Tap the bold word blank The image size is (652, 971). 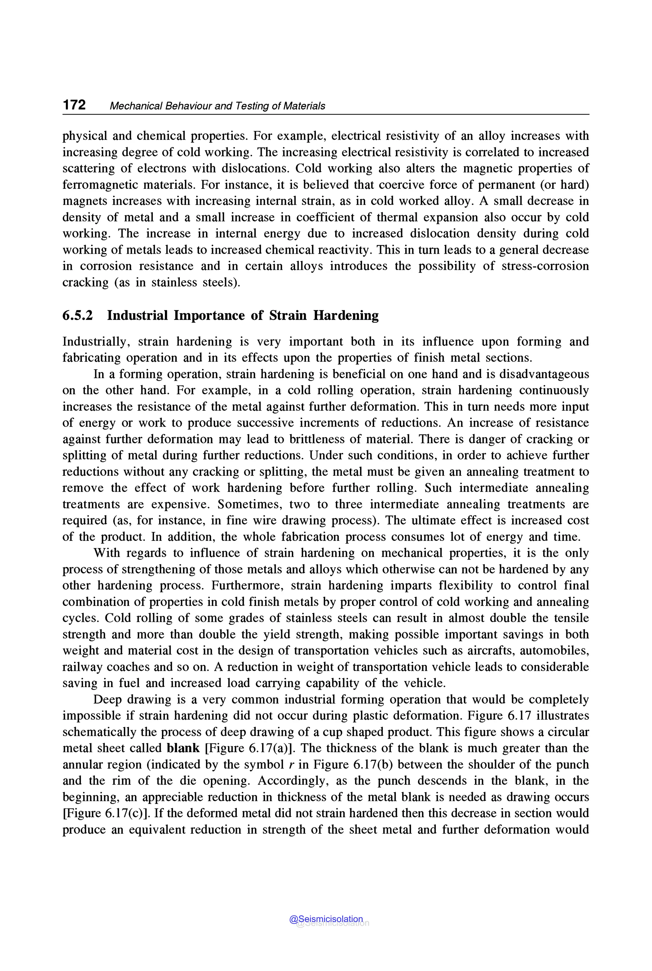click(x=183, y=748)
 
